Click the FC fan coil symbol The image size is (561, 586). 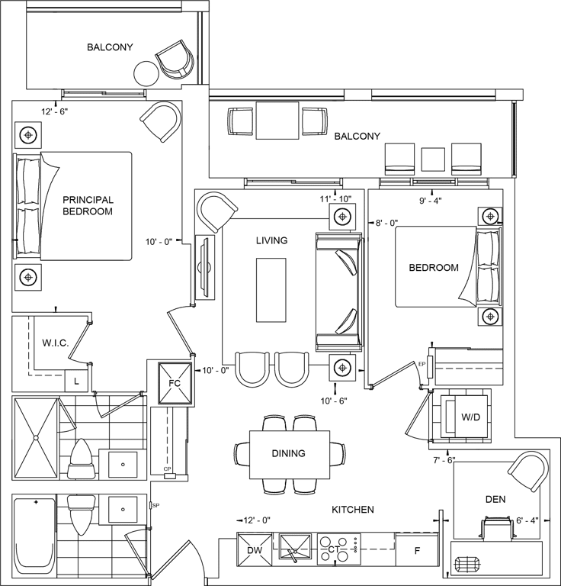coord(175,383)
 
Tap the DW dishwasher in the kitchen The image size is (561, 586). coord(255,549)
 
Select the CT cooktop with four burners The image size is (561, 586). coord(339,549)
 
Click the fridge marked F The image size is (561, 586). coord(417,549)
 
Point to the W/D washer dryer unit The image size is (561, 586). coord(466,417)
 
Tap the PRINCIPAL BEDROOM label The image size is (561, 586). coord(88,205)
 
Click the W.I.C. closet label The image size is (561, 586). coord(55,343)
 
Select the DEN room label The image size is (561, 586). coord(495,499)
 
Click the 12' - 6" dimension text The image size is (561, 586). coord(54,111)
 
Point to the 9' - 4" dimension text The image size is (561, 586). coord(431,201)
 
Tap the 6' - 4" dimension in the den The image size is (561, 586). coord(527,520)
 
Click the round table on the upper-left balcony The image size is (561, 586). coord(146,73)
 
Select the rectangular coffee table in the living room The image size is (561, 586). coord(271,290)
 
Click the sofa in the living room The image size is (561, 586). coord(339,292)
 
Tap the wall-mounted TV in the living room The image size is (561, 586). coord(204,267)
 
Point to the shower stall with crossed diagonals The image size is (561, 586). coord(36,438)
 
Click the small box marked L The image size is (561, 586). coord(76,382)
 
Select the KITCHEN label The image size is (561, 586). coord(353,510)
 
